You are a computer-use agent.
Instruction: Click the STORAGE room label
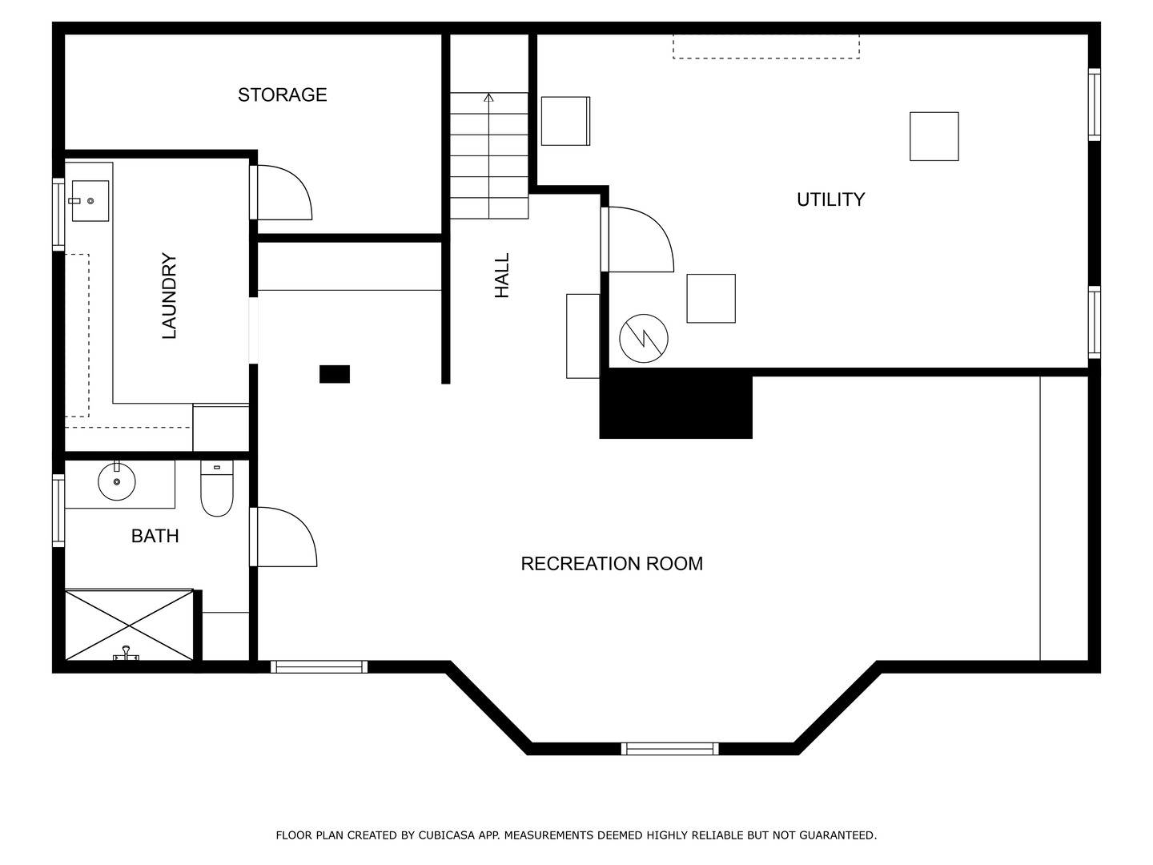[x=282, y=95]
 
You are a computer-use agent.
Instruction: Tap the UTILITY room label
[x=830, y=199]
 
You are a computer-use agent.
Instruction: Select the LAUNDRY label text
[x=169, y=296]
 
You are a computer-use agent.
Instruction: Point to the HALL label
[x=502, y=276]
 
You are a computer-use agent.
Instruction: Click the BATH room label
[x=155, y=537]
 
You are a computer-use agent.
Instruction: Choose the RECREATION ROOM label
[x=612, y=564]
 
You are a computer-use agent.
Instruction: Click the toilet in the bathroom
[x=217, y=489]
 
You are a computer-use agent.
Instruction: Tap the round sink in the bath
[x=117, y=481]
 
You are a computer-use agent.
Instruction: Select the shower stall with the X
[x=129, y=626]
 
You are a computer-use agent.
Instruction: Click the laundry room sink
[x=90, y=201]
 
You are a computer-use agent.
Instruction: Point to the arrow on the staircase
[x=489, y=155]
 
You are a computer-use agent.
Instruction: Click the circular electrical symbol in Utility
[x=644, y=339]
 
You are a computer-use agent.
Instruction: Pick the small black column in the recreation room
[x=335, y=375]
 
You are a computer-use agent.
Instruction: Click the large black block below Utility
[x=676, y=404]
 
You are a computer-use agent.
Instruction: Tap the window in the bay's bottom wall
[x=669, y=749]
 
